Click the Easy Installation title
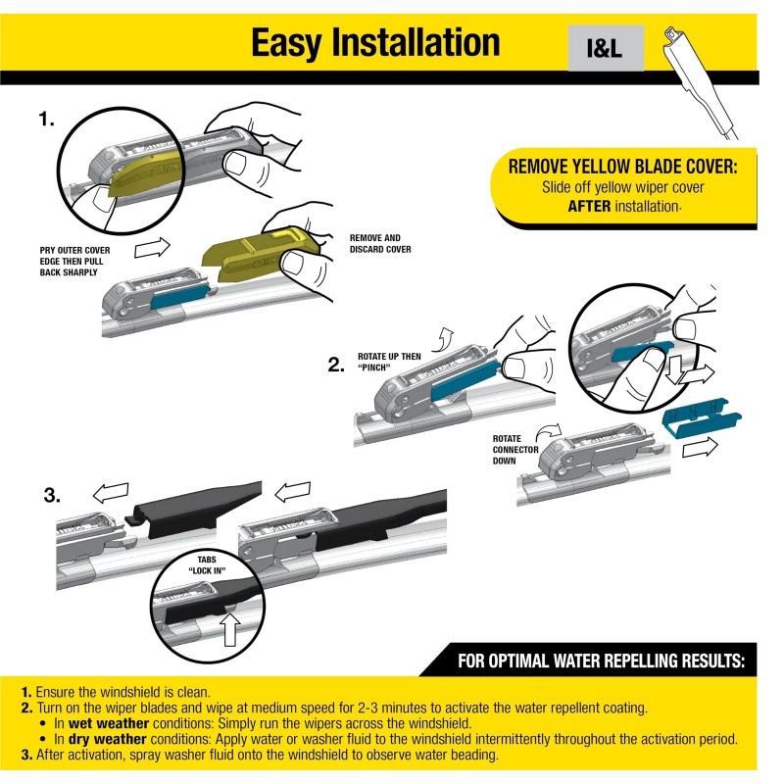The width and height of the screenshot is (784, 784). pos(375,42)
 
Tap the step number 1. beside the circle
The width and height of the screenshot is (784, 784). pos(47,120)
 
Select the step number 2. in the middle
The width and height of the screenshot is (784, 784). pos(337,366)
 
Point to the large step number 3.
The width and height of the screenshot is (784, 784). pos(55,494)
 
